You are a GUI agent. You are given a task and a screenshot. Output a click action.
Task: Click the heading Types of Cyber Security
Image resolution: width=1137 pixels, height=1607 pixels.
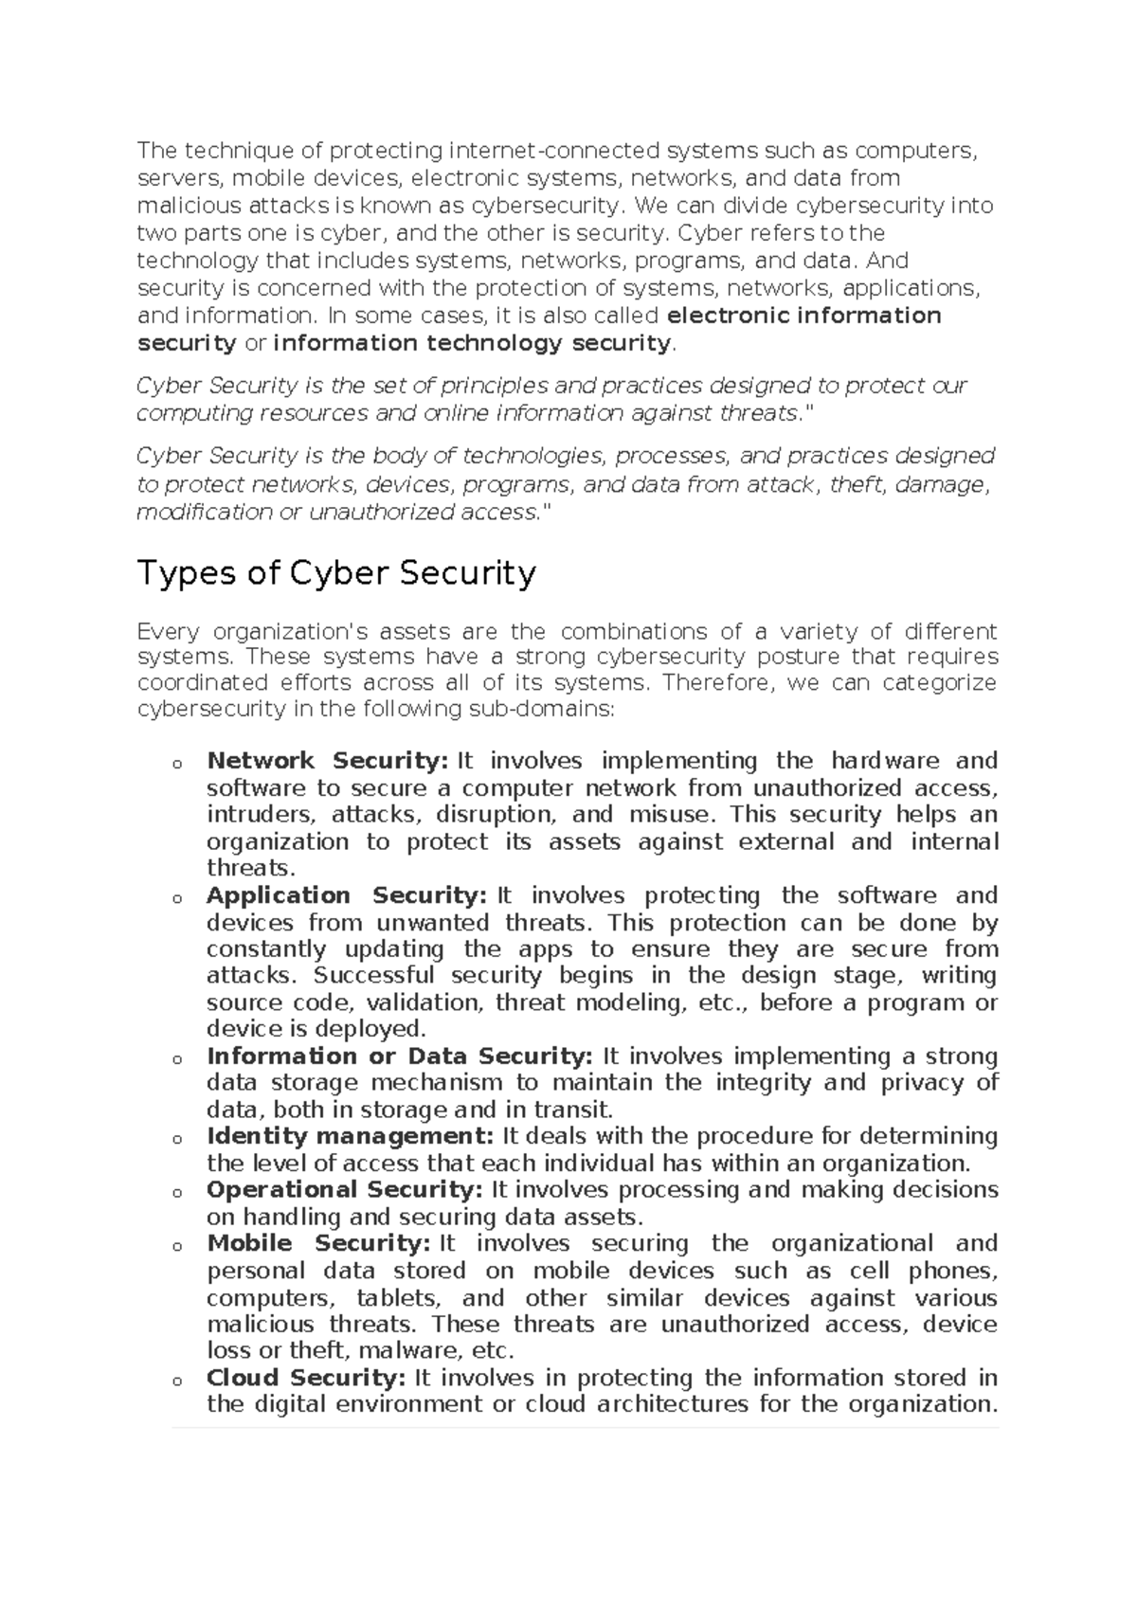336,574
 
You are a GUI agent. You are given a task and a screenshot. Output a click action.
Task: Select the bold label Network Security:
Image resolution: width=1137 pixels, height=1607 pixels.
327,761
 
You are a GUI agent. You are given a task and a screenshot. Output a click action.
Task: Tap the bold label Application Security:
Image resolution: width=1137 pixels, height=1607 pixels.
346,895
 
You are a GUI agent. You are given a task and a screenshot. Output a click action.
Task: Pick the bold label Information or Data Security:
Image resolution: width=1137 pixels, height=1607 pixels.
399,1056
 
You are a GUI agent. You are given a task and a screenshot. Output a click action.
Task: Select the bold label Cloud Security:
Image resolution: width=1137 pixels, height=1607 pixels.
306,1378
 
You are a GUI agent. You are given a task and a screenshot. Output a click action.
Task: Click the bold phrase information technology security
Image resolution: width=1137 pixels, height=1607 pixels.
471,343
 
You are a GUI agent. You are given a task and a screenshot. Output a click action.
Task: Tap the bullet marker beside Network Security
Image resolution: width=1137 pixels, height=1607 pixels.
176,764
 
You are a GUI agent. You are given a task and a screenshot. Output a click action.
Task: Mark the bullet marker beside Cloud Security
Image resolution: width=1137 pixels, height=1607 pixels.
176,1381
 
